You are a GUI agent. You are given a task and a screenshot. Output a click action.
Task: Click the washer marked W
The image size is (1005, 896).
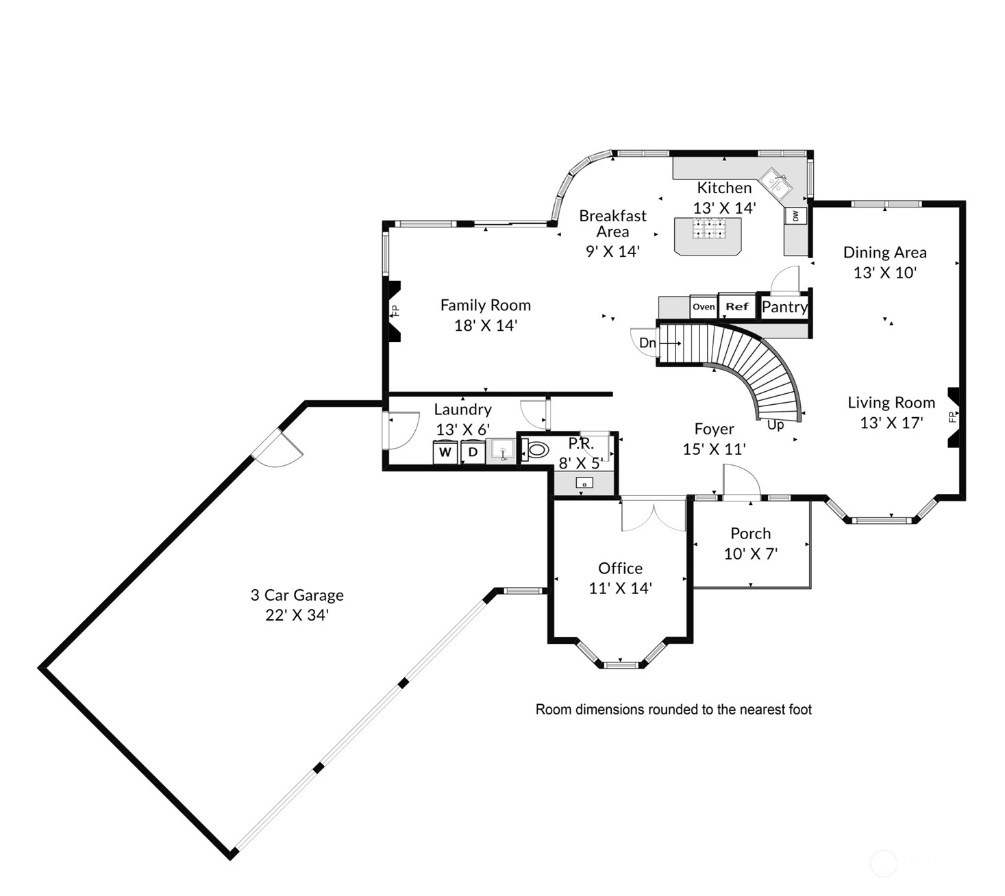click(x=445, y=452)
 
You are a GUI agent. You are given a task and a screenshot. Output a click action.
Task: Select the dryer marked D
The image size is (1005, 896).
click(x=473, y=452)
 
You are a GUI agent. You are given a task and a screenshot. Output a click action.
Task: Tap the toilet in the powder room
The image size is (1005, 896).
click(x=536, y=450)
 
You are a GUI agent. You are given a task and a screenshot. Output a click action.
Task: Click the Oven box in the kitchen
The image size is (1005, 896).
click(x=704, y=307)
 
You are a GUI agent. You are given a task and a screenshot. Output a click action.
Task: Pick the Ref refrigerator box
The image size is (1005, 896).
click(x=737, y=307)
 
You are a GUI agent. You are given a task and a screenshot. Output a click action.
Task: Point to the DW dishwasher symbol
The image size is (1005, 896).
click(x=795, y=216)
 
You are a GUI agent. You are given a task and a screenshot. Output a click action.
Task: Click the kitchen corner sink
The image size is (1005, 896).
click(x=777, y=182)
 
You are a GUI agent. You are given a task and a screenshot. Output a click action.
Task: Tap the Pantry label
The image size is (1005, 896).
click(x=784, y=307)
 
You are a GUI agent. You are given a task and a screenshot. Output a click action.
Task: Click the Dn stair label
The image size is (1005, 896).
click(x=647, y=343)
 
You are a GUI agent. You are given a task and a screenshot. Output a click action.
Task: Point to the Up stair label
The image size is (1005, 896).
click(x=776, y=425)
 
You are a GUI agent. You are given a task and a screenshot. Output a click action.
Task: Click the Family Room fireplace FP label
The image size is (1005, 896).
click(x=395, y=310)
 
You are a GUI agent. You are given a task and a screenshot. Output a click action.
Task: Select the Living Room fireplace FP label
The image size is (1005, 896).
click(x=951, y=417)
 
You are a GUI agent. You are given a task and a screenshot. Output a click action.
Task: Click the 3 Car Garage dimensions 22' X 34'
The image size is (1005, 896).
click(x=297, y=615)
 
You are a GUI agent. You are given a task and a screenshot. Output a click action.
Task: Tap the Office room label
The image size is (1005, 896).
click(x=620, y=568)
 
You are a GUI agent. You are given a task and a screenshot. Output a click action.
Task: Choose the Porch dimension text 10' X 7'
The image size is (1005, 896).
click(x=751, y=553)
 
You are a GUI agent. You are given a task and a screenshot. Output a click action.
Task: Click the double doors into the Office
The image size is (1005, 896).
click(x=654, y=515)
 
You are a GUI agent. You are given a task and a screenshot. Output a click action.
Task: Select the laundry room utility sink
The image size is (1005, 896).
click(x=502, y=451)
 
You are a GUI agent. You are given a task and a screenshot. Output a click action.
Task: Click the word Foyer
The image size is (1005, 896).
click(x=714, y=429)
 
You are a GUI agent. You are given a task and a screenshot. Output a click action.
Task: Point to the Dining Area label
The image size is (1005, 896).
click(x=884, y=252)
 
